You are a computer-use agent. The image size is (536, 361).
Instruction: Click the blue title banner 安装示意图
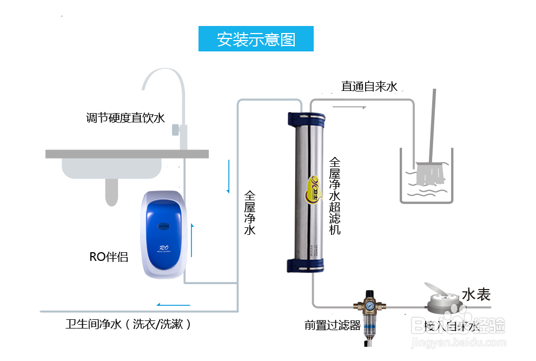pos(255,40)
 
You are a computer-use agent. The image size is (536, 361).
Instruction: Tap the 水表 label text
pos(476,295)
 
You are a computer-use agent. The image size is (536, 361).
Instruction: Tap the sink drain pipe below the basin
pos(111,192)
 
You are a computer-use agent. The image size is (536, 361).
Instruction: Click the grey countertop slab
pos(127,154)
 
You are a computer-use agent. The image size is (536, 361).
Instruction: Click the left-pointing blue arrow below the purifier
pos(173,305)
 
